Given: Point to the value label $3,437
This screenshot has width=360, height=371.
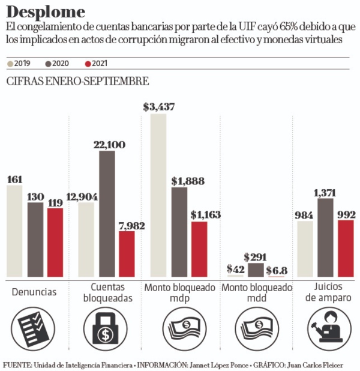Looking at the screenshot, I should pyautogui.click(x=159, y=107).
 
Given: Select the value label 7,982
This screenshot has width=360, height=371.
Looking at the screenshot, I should pyautogui.click(x=127, y=225).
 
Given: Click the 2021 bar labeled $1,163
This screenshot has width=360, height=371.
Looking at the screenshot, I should pyautogui.click(x=199, y=249).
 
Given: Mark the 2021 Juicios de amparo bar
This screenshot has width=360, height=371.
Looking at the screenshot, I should pyautogui.click(x=346, y=249).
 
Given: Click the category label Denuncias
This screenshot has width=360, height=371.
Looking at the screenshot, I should pyautogui.click(x=34, y=292).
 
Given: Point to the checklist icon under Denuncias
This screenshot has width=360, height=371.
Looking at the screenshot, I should pyautogui.click(x=34, y=327).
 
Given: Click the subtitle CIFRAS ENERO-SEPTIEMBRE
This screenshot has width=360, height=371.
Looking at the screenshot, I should pyautogui.click(x=77, y=82).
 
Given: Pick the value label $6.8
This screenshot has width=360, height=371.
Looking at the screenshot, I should pyautogui.click(x=277, y=270).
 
